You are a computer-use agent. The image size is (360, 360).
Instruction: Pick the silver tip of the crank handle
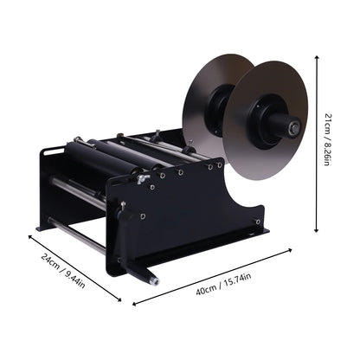coord(154,280)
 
